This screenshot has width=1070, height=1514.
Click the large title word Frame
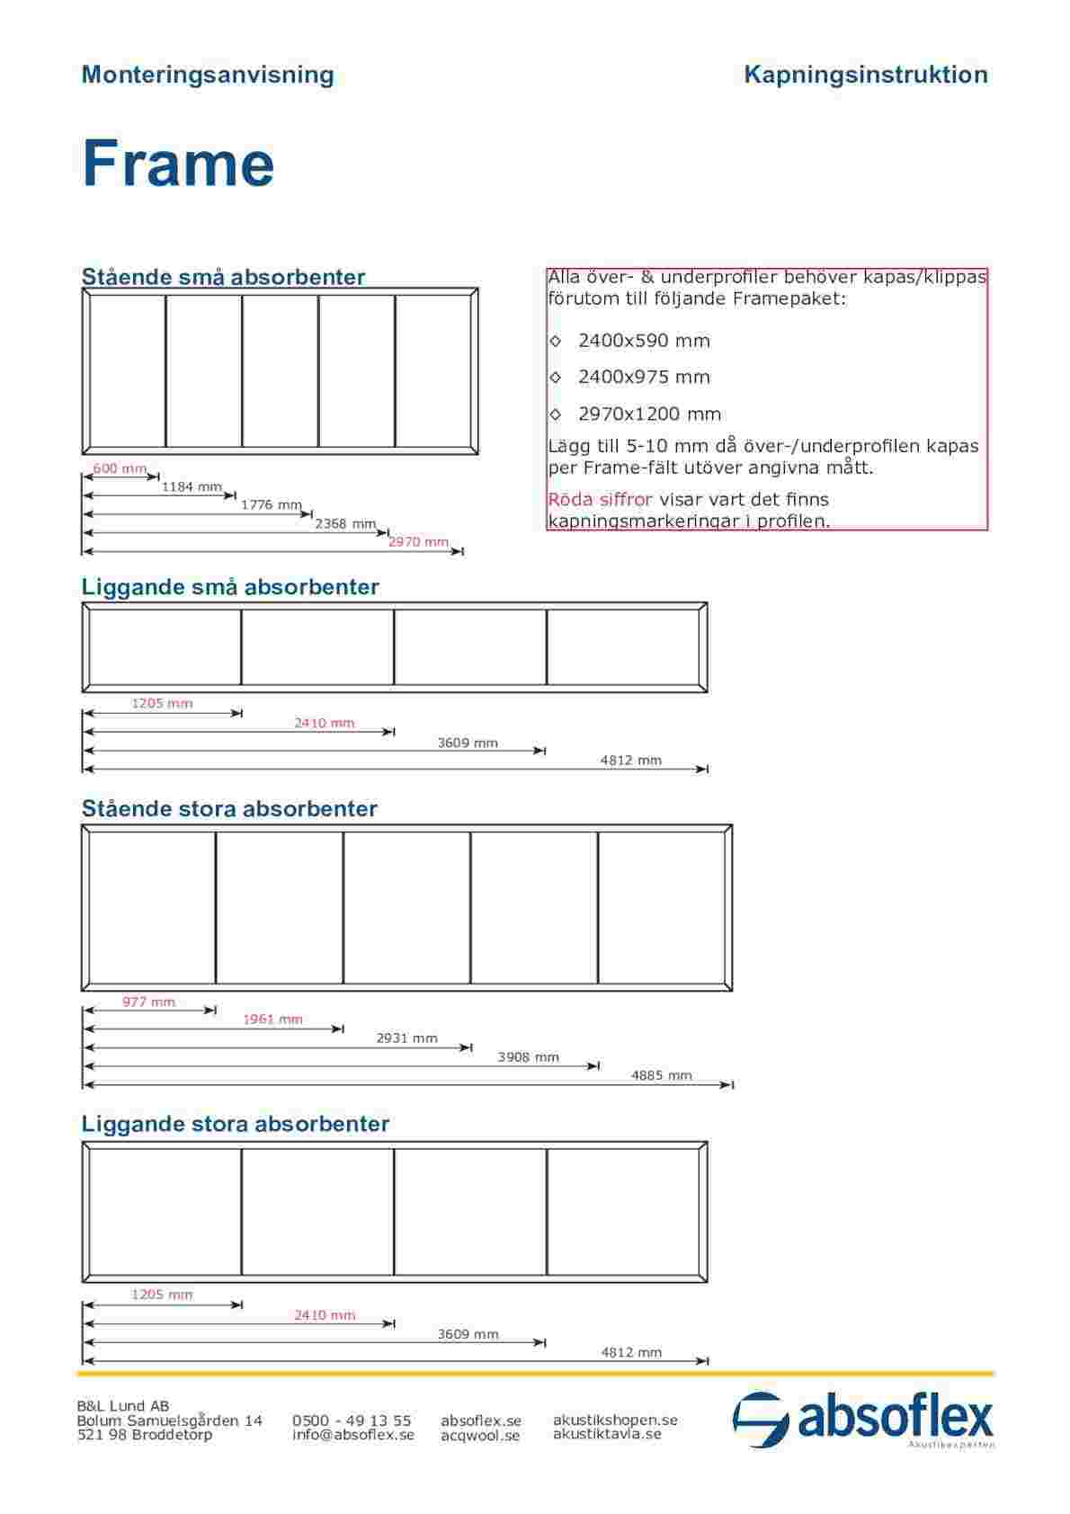[x=178, y=165]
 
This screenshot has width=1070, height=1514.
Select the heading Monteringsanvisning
[x=207, y=75]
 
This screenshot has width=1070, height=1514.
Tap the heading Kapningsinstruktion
[x=865, y=75]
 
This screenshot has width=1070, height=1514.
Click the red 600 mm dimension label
[x=120, y=468]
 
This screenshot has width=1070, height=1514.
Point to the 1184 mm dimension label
[x=192, y=487]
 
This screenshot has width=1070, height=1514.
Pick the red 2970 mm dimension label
[x=418, y=541]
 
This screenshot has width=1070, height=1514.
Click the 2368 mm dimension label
[x=345, y=523]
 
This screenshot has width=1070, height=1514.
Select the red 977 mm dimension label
[x=148, y=1002]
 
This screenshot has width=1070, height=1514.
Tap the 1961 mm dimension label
[x=272, y=1020]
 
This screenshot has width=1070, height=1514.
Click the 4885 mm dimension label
[x=662, y=1074]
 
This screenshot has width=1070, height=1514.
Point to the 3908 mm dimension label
[x=528, y=1056]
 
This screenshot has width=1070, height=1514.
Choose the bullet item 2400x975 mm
[x=643, y=377]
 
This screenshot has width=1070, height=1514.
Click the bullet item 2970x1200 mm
[x=648, y=414]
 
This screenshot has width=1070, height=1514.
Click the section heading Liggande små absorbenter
[x=230, y=587]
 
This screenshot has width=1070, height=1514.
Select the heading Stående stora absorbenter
[x=229, y=808]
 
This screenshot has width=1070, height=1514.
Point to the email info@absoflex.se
[x=352, y=1435]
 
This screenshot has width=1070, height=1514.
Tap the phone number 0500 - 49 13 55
[x=352, y=1420]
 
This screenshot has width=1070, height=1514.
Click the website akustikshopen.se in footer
[x=615, y=1420]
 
